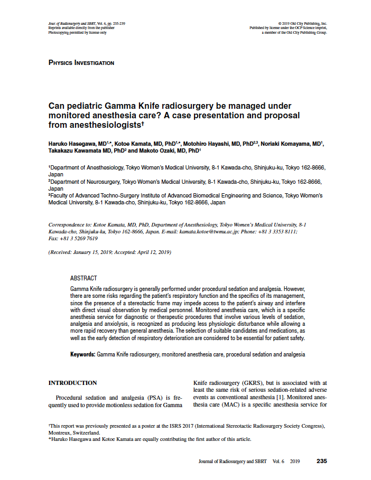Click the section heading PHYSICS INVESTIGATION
81,63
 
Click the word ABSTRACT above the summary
84,278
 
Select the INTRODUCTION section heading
73,383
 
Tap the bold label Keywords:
83,354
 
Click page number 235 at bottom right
322,461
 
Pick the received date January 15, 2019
94,252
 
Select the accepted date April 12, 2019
153,252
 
